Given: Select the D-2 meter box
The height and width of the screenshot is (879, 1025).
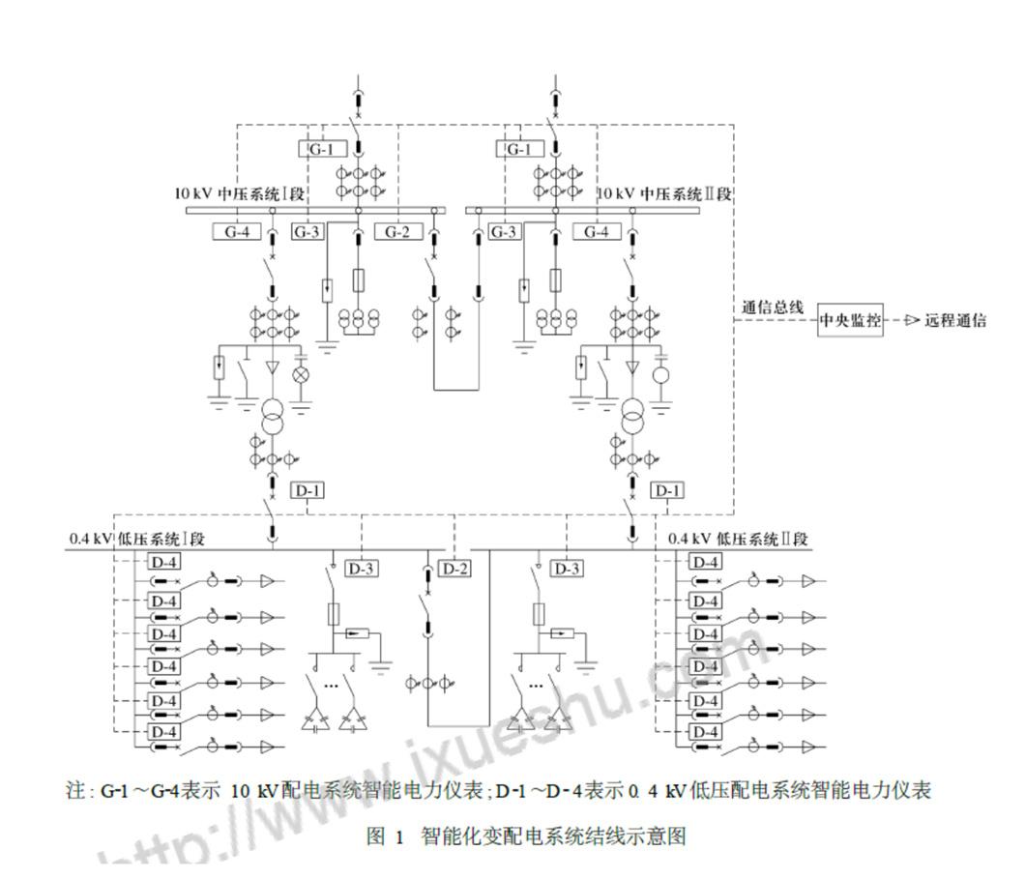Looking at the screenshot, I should click(456, 569).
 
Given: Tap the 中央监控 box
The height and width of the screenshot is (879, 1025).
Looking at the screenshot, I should click(851, 321).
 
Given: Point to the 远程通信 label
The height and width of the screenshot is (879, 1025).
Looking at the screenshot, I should click(955, 321).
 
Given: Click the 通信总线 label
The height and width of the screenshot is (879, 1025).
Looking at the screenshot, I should click(773, 308).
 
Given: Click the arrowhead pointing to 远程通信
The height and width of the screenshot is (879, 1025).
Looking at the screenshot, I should click(911, 321).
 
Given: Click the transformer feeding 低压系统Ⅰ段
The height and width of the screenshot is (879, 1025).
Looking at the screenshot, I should click(273, 419).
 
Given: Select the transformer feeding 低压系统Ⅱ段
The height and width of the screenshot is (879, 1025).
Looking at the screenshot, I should click(633, 419).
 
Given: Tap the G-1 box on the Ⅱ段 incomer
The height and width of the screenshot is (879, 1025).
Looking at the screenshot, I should click(520, 149).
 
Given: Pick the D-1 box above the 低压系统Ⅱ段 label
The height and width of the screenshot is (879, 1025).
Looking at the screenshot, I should click(667, 490).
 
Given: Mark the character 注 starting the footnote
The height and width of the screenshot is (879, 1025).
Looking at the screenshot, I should click(76, 791).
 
